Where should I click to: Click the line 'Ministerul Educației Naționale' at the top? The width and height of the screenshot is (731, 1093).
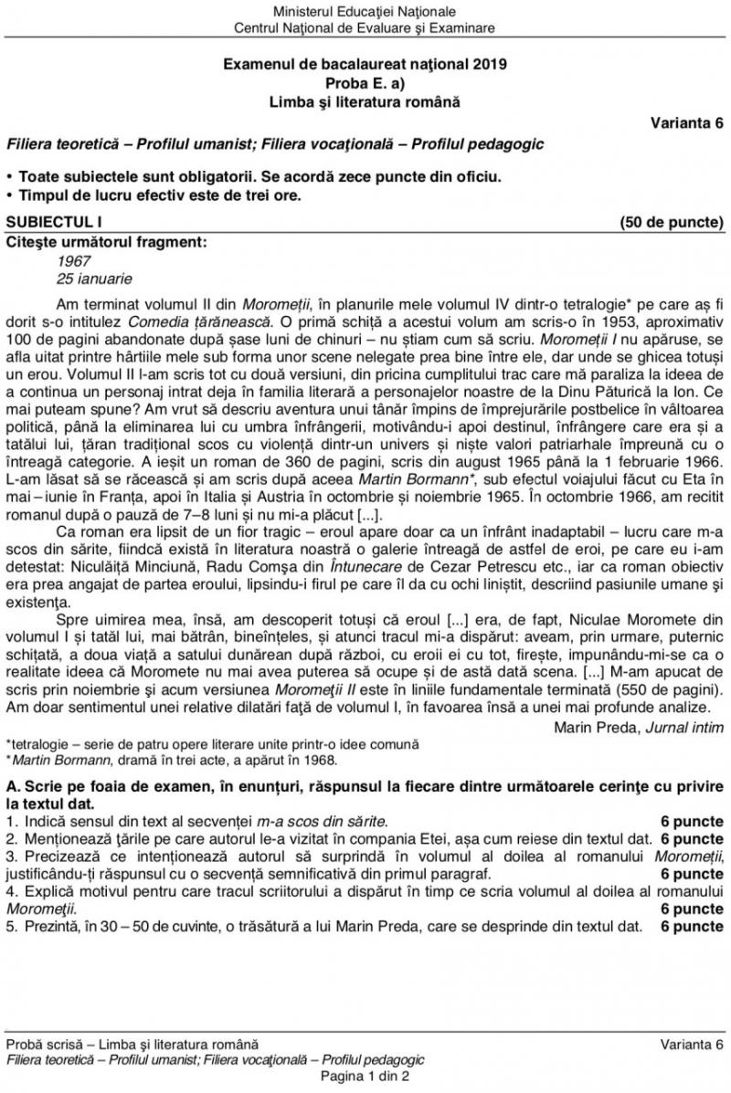[365, 12]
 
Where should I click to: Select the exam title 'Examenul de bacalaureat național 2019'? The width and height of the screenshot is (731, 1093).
[365, 65]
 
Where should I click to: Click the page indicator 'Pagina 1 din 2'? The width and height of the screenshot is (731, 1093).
[365, 1077]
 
